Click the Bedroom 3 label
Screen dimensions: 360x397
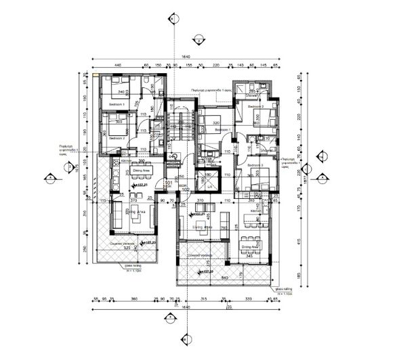[255, 165]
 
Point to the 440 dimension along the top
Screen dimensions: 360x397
[117, 66]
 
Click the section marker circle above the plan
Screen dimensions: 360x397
[176, 18]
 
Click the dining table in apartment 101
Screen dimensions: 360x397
[140, 166]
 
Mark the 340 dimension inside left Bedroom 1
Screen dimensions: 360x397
[122, 91]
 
